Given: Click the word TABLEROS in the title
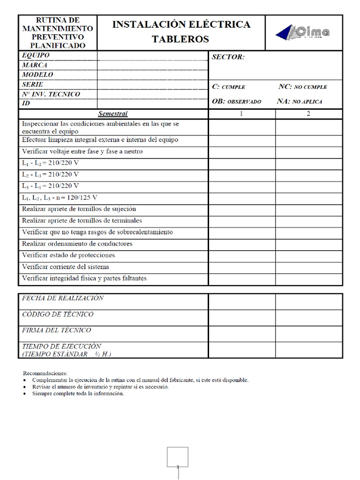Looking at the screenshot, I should pyautogui.click(x=180, y=39).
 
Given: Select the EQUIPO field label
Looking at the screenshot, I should pyautogui.click(x=36, y=55).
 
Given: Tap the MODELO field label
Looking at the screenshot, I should pyautogui.click(x=37, y=75).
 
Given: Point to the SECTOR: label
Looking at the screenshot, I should pyautogui.click(x=228, y=57).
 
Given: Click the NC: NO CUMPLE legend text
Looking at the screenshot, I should pyautogui.click(x=302, y=87).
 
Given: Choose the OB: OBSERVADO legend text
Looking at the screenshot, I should pyautogui.click(x=237, y=101).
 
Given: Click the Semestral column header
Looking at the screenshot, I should pyautogui.click(x=112, y=114).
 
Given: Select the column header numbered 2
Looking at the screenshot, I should pyautogui.click(x=308, y=114).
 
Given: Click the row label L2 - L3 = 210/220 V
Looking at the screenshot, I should pyautogui.click(x=50, y=174).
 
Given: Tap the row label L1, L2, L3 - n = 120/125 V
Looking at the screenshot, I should pyautogui.click(x=60, y=197).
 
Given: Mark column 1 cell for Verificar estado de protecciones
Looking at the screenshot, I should pyautogui.click(x=241, y=256).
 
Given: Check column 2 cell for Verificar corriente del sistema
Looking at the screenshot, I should pyautogui.click(x=308, y=268).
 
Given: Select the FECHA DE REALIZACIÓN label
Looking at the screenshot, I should pyautogui.click(x=63, y=298).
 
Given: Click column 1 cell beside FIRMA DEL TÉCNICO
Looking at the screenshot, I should pyautogui.click(x=241, y=334).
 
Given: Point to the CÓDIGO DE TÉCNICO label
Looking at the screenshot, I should pyautogui.click(x=58, y=315).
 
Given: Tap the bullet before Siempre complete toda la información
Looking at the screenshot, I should pyautogui.click(x=25, y=394).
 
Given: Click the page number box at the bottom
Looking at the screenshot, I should pyautogui.click(x=178, y=457).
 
